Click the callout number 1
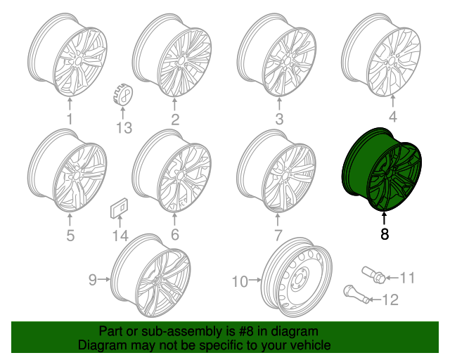pyautogui.click(x=70, y=119)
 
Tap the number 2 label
pyautogui.click(x=174, y=119)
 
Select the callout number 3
pyautogui.click(x=279, y=119)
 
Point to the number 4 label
pyautogui.click(x=392, y=117)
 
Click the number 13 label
pyautogui.click(x=124, y=127)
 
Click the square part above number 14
pyautogui.click(x=118, y=210)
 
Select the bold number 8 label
pyautogui.click(x=385, y=235)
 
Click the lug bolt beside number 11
pyautogui.click(x=373, y=274)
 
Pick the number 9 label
pyautogui.click(x=92, y=281)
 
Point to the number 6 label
pyautogui.click(x=174, y=235)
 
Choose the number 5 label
pyautogui.click(x=70, y=236)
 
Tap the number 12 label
pyautogui.click(x=390, y=300)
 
